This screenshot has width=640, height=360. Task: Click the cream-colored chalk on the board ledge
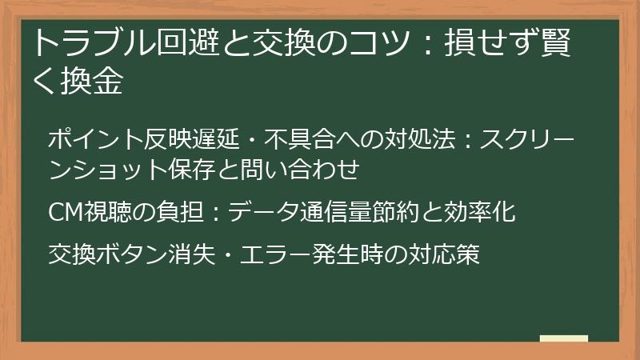click(564, 338)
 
